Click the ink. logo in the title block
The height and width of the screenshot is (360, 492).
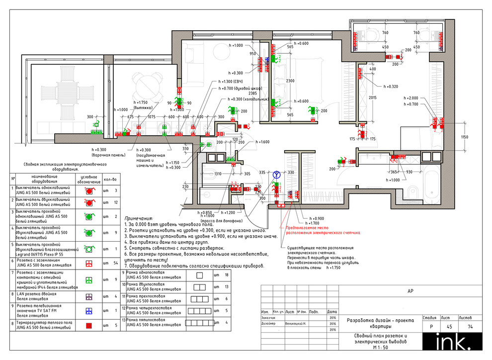click(x=447, y=342)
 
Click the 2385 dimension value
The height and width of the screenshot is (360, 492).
click(x=253, y=93)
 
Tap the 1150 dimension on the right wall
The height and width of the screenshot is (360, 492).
click(x=464, y=137)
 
